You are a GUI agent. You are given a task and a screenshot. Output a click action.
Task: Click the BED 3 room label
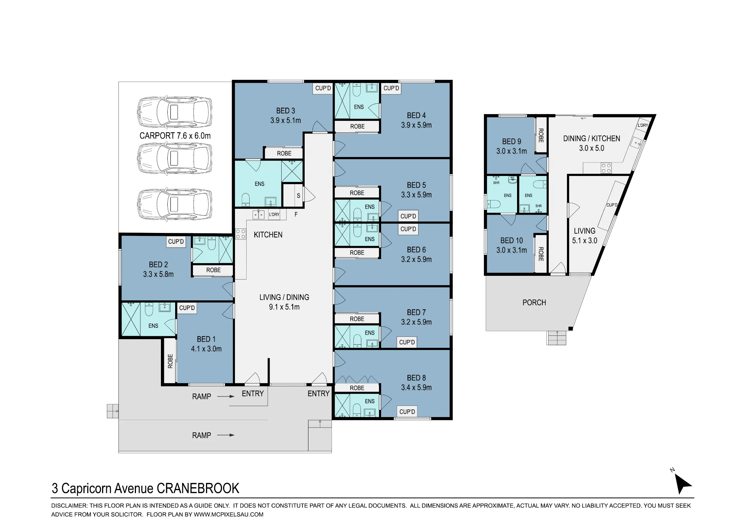coord(286,111)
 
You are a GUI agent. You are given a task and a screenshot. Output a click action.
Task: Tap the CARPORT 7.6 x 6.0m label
coord(175,136)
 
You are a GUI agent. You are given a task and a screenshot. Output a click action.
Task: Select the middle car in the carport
coord(175,159)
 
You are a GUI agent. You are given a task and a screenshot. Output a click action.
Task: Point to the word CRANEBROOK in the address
coord(198,488)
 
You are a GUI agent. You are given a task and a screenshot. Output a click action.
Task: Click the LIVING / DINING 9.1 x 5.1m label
coord(284,302)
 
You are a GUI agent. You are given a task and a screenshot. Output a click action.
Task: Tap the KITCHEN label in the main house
coord(268,235)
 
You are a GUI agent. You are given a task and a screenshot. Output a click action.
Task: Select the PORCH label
coord(534,303)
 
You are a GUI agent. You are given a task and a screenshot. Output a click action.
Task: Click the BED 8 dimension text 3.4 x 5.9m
coord(416,388)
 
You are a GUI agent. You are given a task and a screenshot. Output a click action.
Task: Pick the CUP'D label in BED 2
coord(176,242)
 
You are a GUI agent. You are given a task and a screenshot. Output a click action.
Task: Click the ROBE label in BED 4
coord(357,126)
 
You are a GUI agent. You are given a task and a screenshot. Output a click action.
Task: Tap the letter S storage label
coord(298,196)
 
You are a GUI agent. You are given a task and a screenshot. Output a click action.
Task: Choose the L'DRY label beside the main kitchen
coord(274,214)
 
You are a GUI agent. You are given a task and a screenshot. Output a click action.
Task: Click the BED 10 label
coord(511,240)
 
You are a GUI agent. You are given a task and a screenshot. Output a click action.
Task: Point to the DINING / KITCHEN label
coord(592,139)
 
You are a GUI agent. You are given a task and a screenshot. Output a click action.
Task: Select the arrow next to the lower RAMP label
coord(226,435)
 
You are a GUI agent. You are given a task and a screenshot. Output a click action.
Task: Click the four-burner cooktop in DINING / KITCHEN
coord(606,168)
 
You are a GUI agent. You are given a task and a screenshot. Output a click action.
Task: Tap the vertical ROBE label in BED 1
coord(170,361)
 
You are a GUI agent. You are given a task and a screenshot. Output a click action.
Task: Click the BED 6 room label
coord(416,250)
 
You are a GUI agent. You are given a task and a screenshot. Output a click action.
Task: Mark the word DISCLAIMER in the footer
coord(69,506)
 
